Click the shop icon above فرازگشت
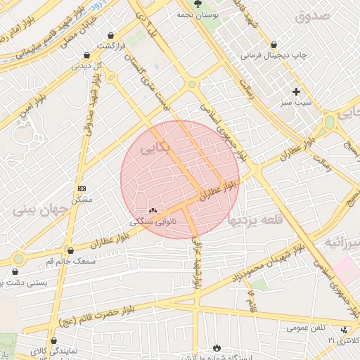(x=111, y=35)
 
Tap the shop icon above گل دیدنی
(x=86, y=55)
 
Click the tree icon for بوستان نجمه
(x=196, y=5)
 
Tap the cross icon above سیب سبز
(x=297, y=91)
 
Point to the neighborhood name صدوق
(x=312, y=16)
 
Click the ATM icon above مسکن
(x=82, y=188)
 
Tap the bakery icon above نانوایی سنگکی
(x=153, y=210)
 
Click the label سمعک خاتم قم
(x=70, y=261)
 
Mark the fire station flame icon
(x=217, y=347)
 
